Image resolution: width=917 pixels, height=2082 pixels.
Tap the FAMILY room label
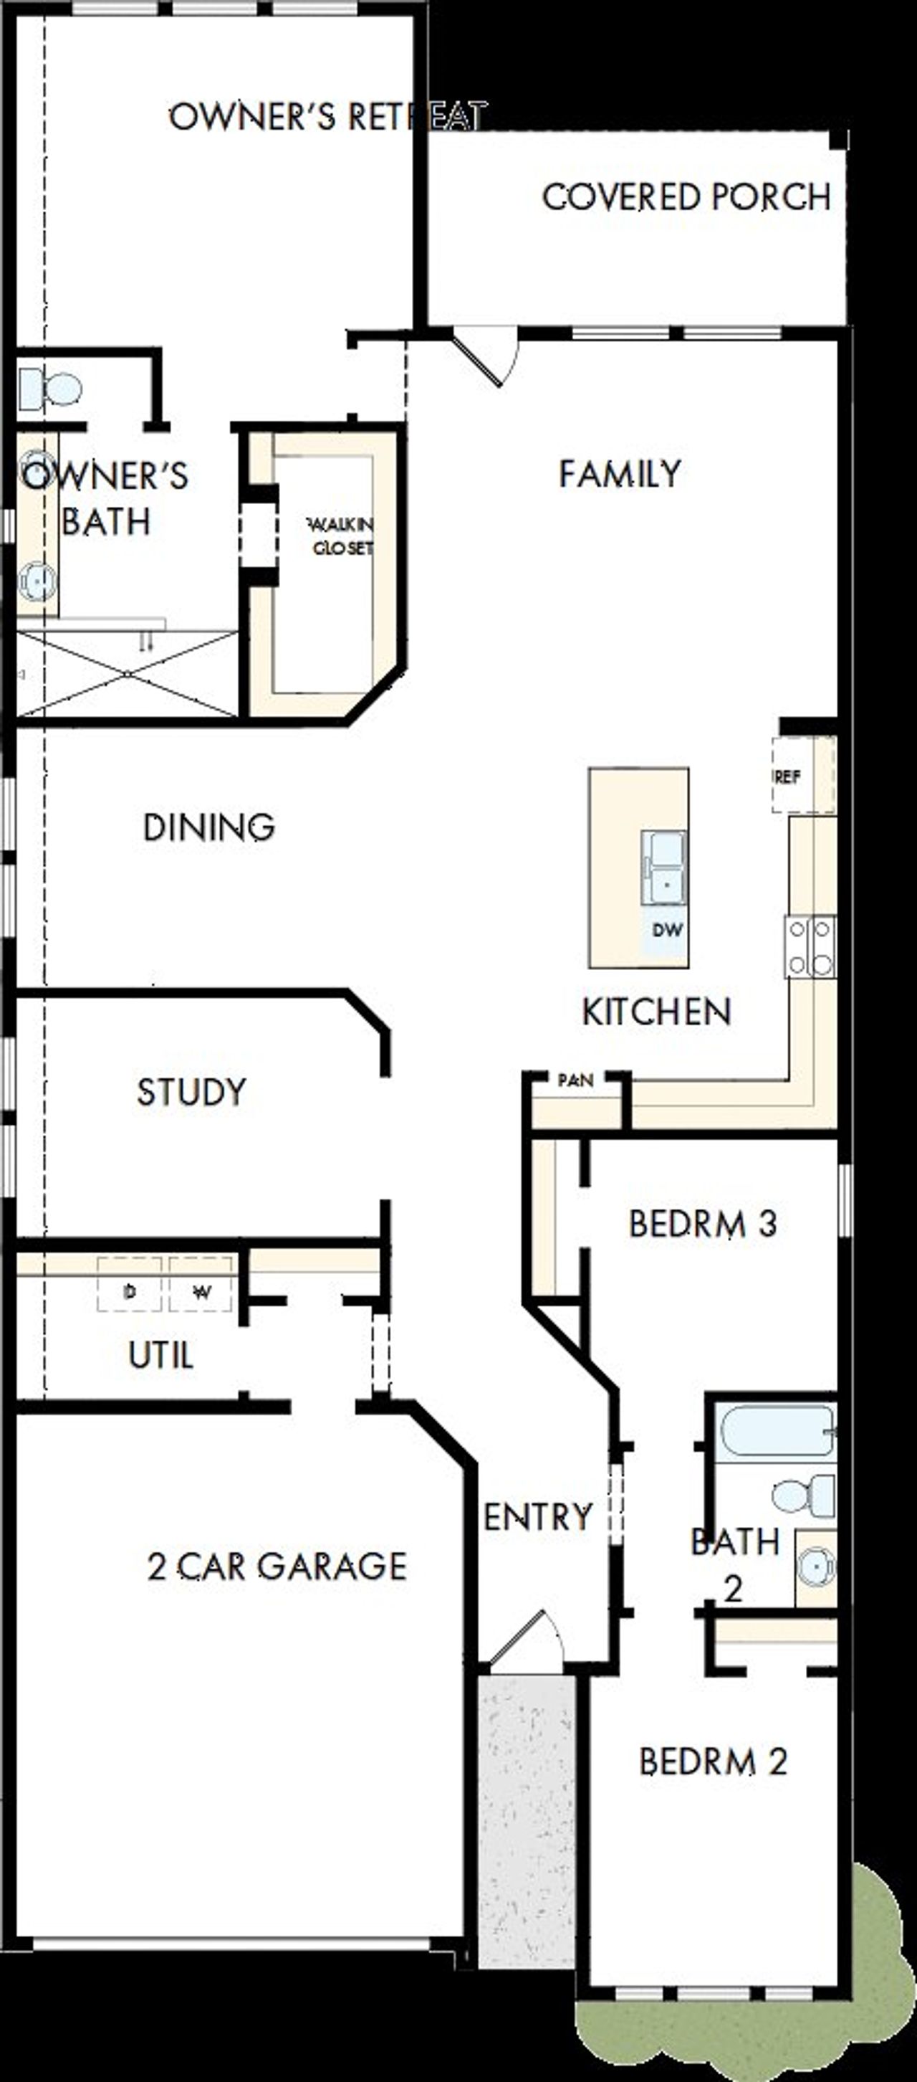(x=620, y=474)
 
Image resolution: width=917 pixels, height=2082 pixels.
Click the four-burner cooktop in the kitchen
(x=810, y=946)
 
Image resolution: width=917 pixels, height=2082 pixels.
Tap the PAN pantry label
(x=575, y=1080)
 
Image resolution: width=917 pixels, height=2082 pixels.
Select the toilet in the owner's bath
(x=52, y=389)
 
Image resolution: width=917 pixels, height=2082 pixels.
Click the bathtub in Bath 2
(x=776, y=1430)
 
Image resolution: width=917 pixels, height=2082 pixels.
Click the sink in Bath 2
(x=816, y=1568)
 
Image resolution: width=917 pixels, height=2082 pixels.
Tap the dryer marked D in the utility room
(x=129, y=1291)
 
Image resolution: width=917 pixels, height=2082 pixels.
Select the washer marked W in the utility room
(x=201, y=1291)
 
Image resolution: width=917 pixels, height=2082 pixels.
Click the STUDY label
(x=191, y=1093)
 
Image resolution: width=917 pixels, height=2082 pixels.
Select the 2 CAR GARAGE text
(x=277, y=1567)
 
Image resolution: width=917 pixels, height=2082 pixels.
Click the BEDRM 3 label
(x=702, y=1224)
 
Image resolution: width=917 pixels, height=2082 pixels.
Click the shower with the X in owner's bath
(x=127, y=673)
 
